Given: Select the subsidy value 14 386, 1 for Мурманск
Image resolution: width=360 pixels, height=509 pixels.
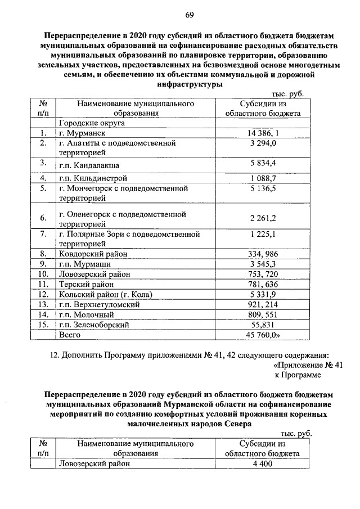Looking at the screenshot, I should click(x=263, y=134).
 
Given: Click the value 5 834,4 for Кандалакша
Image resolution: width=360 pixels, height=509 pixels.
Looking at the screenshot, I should click(x=263, y=164).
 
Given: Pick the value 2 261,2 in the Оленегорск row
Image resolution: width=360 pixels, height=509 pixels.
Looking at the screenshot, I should click(x=263, y=219).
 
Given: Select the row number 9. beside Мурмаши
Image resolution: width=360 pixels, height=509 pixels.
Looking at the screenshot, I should click(x=42, y=264).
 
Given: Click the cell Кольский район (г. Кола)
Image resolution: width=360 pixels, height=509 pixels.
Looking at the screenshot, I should click(x=106, y=294).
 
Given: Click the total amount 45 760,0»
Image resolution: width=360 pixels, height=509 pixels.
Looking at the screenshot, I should click(x=264, y=335).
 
